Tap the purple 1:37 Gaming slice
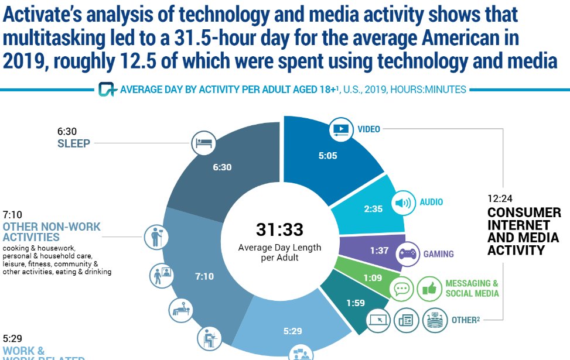pos(378,251)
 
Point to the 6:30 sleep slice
pos(223,167)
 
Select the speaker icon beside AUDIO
pos(404,203)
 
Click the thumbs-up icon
pos(429,289)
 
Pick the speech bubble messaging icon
pos(402,289)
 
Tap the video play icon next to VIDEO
pos(340,128)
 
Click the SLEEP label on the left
pos(74,143)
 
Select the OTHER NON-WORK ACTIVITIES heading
pos(52,232)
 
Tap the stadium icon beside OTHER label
pos(435,320)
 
